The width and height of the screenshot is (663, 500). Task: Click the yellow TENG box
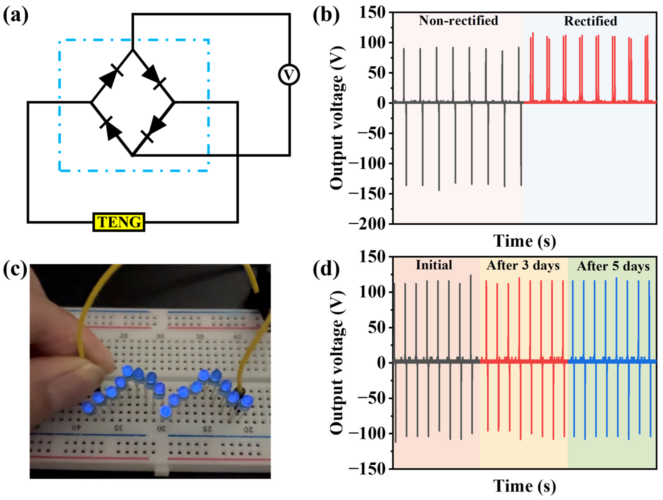[119, 222]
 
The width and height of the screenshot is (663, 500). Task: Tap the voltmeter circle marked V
[289, 75]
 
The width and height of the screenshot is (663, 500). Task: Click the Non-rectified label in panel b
[458, 21]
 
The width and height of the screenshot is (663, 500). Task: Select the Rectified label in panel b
[590, 21]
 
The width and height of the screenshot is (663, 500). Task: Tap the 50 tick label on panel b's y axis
[376, 73]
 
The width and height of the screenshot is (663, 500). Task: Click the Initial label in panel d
[434, 265]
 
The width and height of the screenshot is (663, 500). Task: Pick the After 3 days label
[523, 266]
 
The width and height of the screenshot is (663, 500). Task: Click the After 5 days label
[613, 266]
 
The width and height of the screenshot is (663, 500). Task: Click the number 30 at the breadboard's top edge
[160, 336]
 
